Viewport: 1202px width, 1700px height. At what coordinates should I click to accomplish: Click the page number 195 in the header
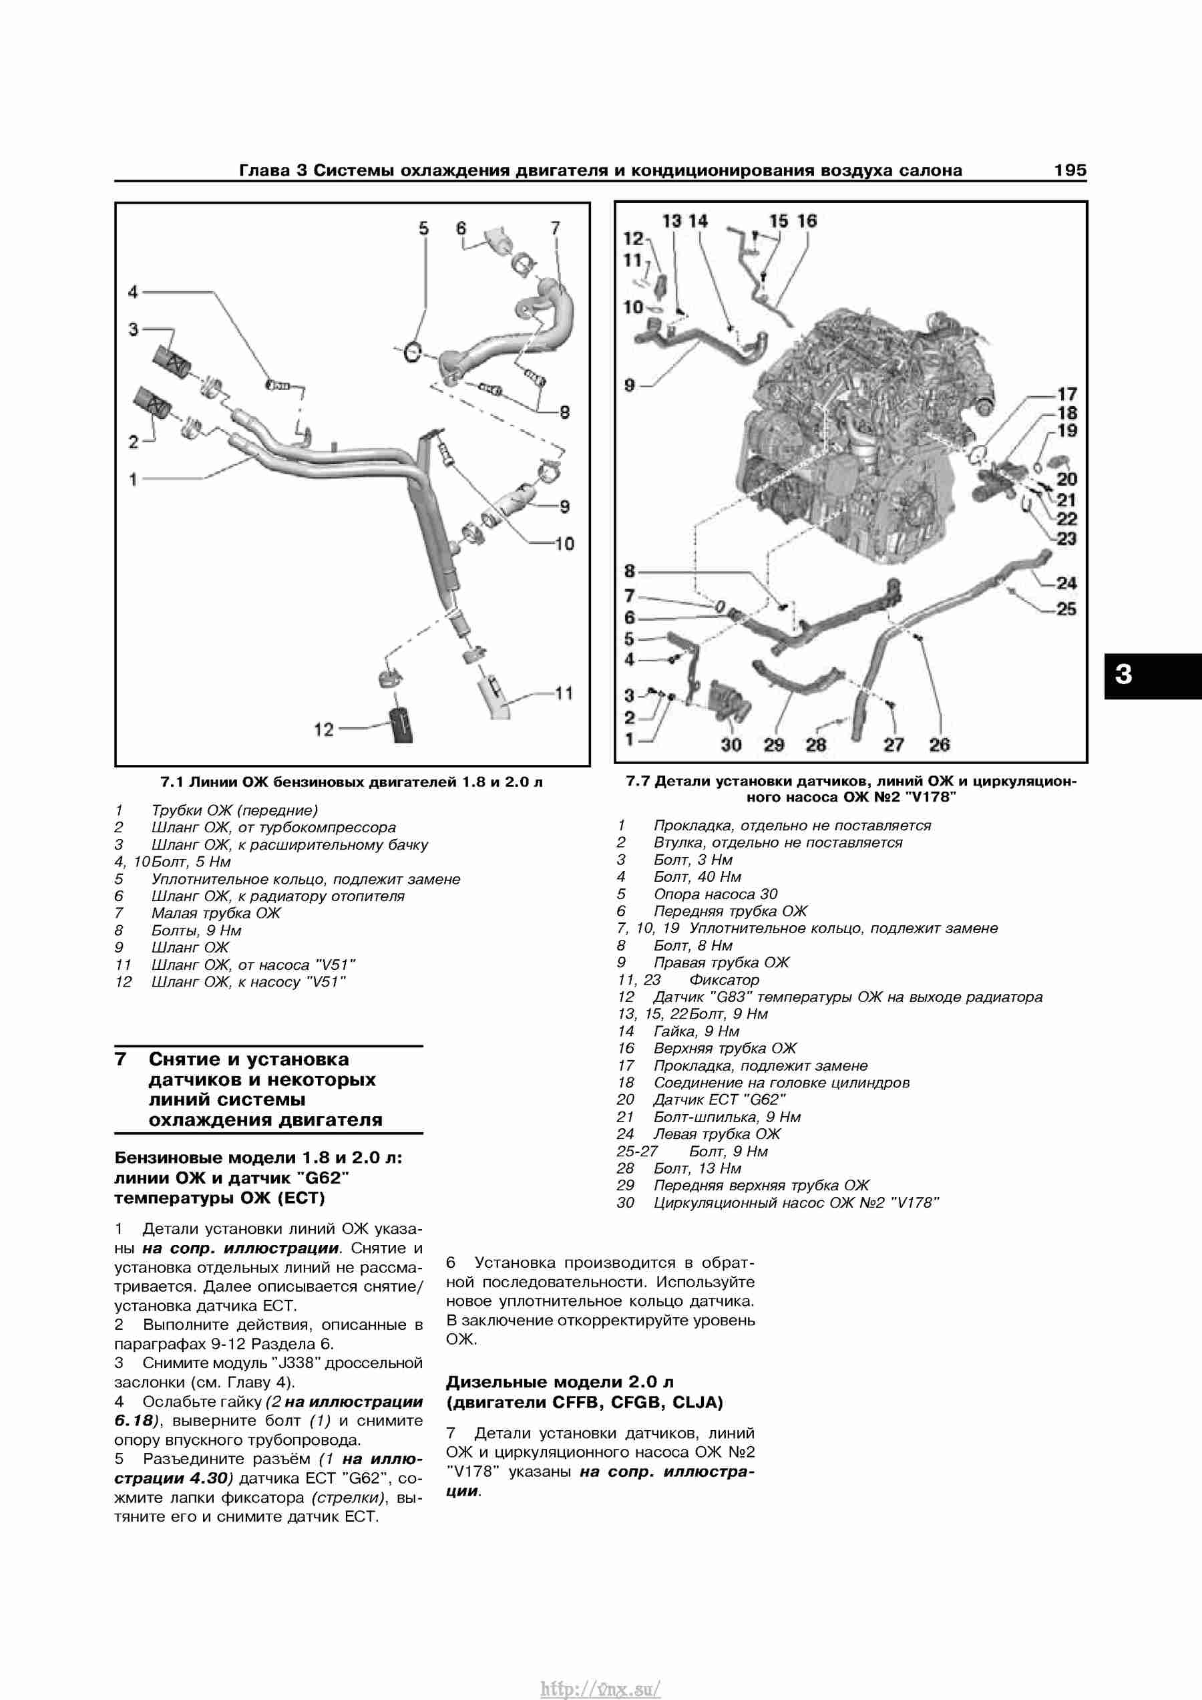(x=1070, y=170)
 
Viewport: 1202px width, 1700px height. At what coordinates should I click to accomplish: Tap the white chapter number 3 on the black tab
(x=1124, y=675)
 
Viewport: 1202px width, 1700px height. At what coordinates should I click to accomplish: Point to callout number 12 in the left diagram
(x=324, y=730)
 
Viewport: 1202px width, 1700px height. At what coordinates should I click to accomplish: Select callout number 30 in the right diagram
(x=731, y=745)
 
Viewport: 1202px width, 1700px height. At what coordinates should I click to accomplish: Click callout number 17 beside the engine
(x=1066, y=395)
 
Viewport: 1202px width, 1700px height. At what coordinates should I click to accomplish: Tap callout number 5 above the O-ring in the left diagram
(x=423, y=228)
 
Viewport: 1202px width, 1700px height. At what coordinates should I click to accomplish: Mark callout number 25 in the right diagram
(x=1066, y=609)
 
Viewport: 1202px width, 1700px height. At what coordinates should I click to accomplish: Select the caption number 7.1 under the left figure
(x=172, y=783)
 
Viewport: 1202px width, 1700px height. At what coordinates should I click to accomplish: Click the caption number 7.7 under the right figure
(x=638, y=781)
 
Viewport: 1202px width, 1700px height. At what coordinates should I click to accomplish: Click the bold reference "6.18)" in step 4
(x=137, y=1421)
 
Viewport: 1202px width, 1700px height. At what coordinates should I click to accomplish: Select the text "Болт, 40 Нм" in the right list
(x=697, y=876)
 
